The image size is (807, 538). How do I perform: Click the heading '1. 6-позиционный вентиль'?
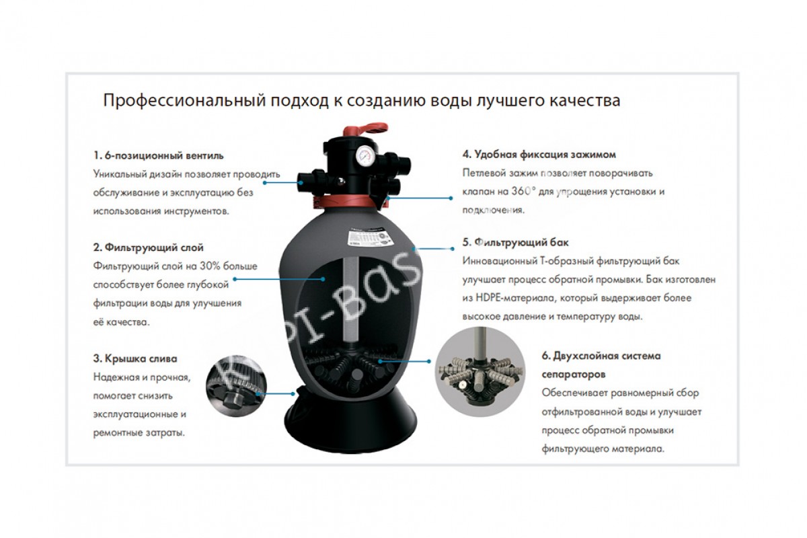[x=159, y=155]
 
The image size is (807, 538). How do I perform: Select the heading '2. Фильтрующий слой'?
[x=149, y=247]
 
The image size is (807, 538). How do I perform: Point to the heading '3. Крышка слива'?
[x=135, y=358]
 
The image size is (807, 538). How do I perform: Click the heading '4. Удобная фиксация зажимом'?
[x=539, y=155]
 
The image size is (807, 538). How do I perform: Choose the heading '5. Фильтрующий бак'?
[x=516, y=243]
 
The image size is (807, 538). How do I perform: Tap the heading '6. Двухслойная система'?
[x=601, y=356]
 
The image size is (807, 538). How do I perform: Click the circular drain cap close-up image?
[x=237, y=386]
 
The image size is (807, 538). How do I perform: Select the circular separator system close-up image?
[x=480, y=371]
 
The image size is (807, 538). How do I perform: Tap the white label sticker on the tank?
[x=370, y=238]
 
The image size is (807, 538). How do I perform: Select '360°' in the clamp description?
[x=521, y=192]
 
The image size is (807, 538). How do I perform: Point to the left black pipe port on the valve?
[x=311, y=180]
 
